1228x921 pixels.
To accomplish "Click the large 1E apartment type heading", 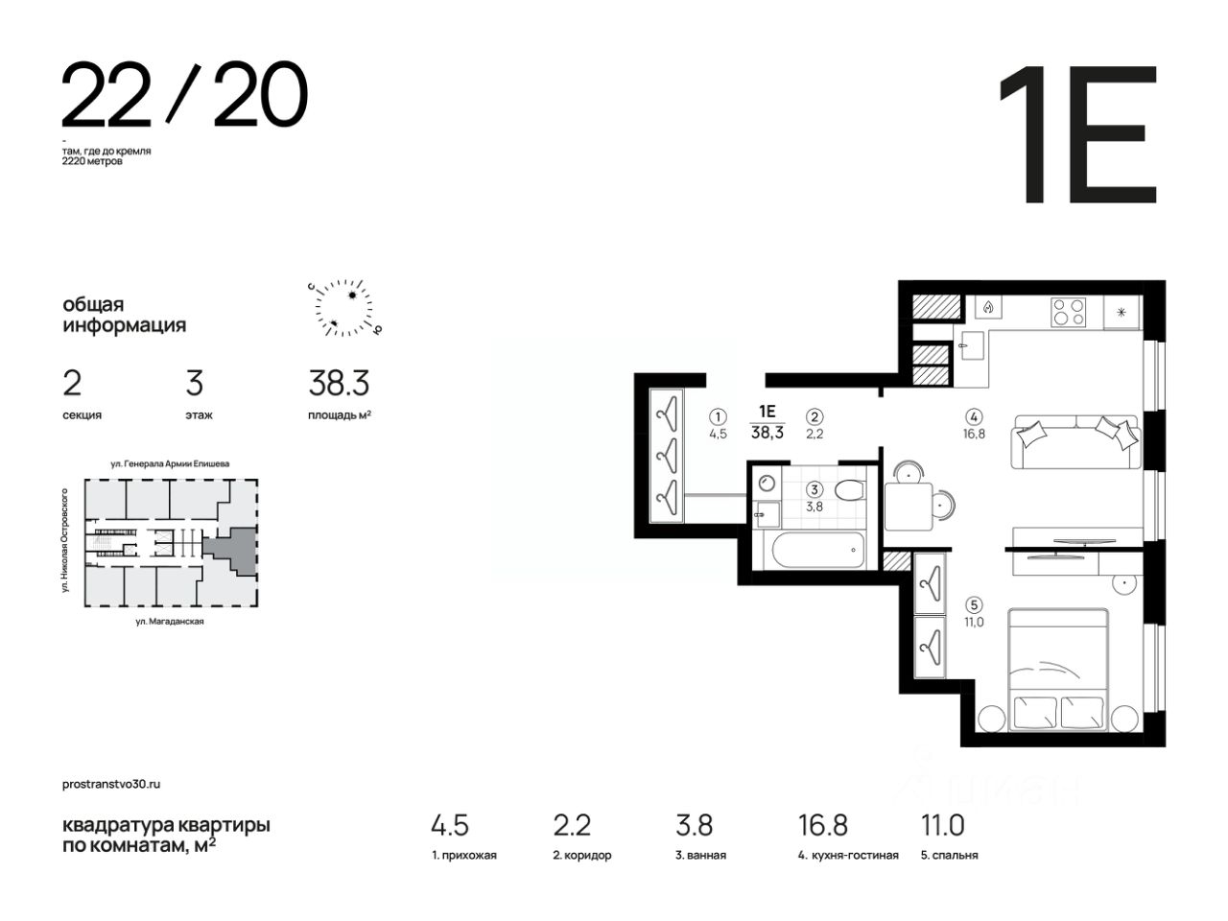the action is [x=1078, y=134].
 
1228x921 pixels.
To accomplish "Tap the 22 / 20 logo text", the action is [x=184, y=94].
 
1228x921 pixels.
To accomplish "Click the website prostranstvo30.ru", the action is [x=111, y=784].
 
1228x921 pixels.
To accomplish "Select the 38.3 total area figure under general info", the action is [x=339, y=383].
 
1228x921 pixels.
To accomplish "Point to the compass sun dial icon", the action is [x=344, y=308].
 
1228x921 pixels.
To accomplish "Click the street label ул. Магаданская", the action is [x=170, y=622].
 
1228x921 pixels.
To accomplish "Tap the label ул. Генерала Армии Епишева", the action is [x=170, y=463].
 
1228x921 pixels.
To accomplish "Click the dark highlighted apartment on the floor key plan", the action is [x=234, y=549].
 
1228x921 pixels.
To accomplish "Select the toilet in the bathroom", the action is [x=849, y=490].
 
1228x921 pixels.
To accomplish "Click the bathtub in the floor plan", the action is [x=818, y=549].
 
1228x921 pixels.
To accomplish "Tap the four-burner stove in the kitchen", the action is [x=1068, y=312].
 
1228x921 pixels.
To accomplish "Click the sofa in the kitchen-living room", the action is [x=1075, y=441].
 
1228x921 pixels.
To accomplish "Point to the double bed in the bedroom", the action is [x=1058, y=670].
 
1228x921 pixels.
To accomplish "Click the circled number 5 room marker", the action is [x=974, y=604].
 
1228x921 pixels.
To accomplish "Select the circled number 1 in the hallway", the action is [x=718, y=416].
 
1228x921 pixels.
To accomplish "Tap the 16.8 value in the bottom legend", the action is [x=822, y=825].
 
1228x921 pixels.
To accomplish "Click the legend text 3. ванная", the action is [x=700, y=855].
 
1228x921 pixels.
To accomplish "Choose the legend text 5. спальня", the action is [x=950, y=855].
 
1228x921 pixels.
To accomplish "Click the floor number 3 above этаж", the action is [x=194, y=383].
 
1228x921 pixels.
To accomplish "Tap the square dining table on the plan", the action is [x=909, y=507].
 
